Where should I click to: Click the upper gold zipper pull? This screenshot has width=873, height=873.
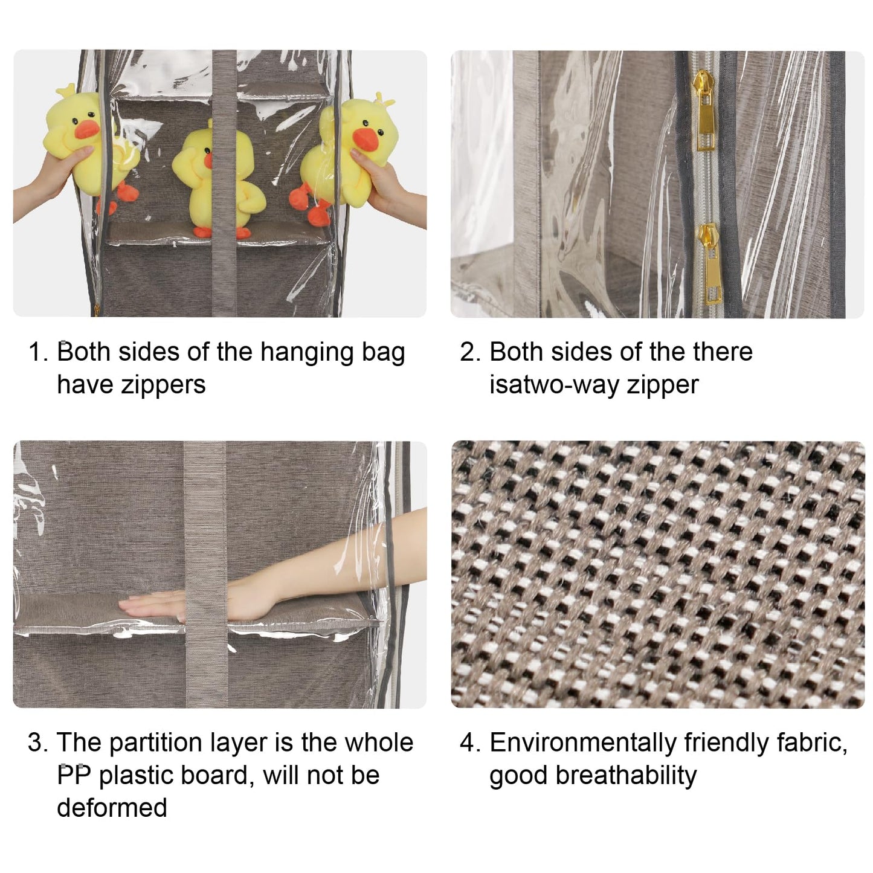[704, 111]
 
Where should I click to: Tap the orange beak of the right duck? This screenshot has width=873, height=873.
[366, 139]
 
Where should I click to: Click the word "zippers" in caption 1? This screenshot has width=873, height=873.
[131, 385]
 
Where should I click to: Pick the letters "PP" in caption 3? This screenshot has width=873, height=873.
[74, 775]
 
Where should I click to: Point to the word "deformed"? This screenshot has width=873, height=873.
[112, 808]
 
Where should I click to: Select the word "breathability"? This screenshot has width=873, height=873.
[626, 776]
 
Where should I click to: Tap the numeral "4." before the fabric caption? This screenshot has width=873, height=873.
[470, 743]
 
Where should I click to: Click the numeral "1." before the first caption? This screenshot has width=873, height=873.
[38, 352]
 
